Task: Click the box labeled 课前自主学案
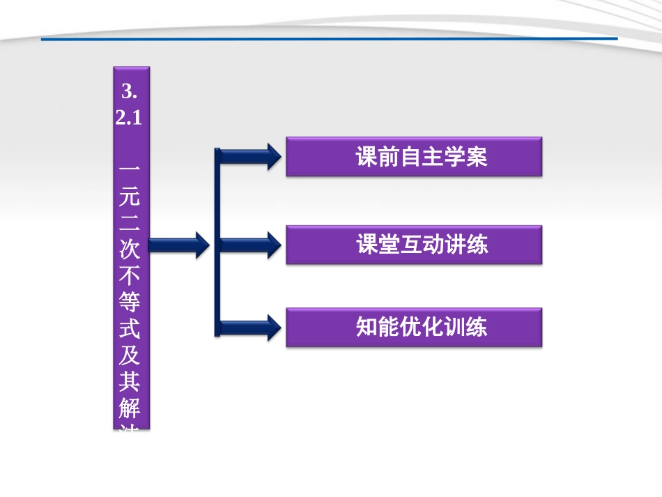coord(414,157)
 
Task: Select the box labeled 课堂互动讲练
coord(414,245)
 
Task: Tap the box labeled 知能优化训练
coord(414,328)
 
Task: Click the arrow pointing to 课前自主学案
coord(251,157)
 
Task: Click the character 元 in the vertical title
coord(130,197)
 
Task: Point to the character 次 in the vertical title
coord(130,250)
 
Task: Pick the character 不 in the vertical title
coord(130,276)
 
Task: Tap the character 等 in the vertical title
coord(130,303)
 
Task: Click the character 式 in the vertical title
coord(130,329)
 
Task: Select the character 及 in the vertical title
coord(130,355)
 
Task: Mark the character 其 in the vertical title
coord(130,382)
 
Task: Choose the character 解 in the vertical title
coord(130,408)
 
